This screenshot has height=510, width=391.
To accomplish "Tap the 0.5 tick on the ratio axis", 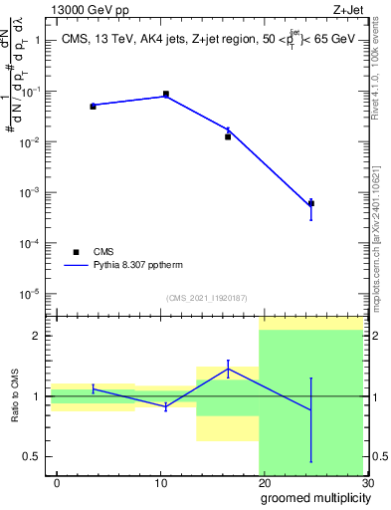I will [x=34, y=457].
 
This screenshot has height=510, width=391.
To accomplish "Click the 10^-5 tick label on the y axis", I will [x=32, y=294].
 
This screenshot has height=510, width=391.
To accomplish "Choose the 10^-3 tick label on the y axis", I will [x=32, y=192].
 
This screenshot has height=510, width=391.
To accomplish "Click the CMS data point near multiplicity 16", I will [x=228, y=136].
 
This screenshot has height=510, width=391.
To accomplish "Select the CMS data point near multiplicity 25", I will [x=311, y=203].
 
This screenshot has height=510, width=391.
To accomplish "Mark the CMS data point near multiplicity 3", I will [x=93, y=106].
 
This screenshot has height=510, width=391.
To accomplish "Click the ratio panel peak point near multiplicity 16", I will [x=228, y=369].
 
